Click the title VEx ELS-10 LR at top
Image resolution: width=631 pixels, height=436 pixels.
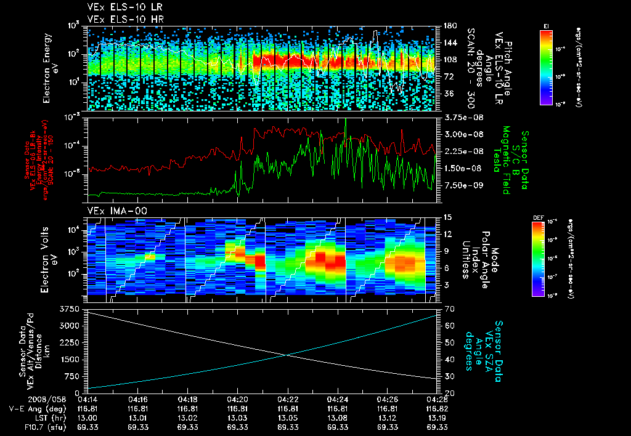(x=116, y=8)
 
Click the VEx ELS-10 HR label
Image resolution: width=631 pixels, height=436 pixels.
(x=116, y=18)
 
